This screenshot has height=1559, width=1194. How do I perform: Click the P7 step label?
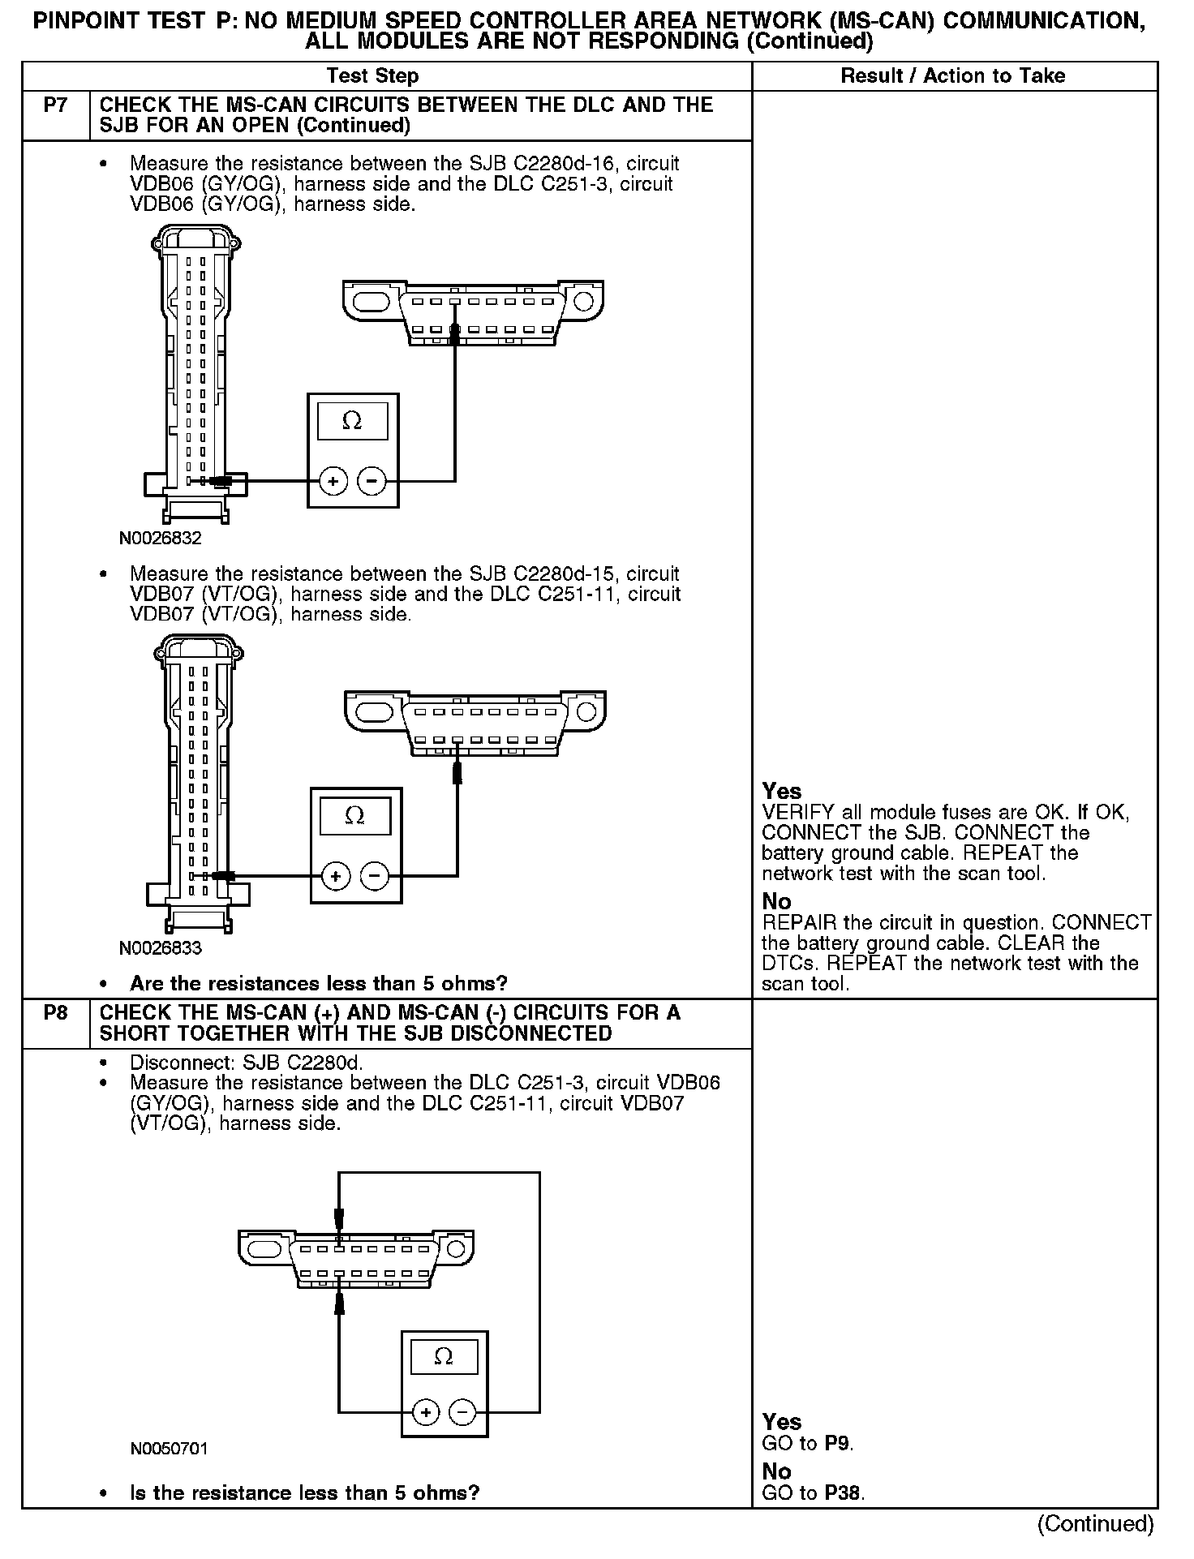pos(55,105)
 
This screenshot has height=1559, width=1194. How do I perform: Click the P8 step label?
pos(55,1013)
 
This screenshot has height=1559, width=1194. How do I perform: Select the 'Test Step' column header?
pos(372,76)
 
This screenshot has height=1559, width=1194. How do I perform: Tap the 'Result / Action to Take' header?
pos(953,76)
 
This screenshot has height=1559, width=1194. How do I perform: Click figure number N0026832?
pos(160,538)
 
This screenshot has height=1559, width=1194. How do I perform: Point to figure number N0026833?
pos(160,947)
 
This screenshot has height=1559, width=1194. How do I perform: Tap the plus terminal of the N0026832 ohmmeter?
pos(333,482)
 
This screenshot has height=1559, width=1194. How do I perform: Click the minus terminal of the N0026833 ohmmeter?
pos(374,876)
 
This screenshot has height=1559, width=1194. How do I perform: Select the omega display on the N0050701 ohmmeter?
pos(444,1357)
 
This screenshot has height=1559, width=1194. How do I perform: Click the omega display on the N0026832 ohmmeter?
pos(352,421)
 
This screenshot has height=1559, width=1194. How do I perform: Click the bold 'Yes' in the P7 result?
pos(782,792)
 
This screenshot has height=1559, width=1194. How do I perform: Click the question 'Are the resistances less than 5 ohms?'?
pos(318,984)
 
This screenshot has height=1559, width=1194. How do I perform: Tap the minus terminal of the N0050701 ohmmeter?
pos(462,1413)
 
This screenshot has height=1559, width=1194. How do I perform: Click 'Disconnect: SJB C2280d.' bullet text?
pos(247,1063)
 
